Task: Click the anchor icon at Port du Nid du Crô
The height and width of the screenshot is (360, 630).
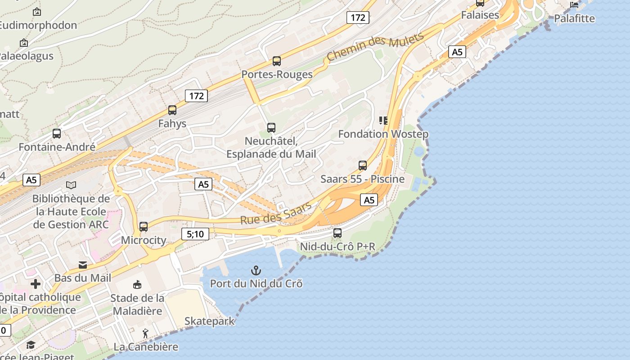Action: (256, 270)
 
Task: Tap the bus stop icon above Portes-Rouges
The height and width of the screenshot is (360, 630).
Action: (277, 61)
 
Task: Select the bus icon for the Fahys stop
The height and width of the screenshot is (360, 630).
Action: (172, 110)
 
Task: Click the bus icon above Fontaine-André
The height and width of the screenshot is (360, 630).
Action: (57, 134)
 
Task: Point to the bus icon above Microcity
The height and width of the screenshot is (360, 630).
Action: (144, 227)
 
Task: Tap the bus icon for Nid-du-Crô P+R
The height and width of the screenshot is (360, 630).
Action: (337, 233)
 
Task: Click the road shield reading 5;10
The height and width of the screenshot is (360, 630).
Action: (195, 234)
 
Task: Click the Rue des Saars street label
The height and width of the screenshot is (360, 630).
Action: (276, 213)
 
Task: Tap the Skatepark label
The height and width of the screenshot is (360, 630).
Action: (210, 321)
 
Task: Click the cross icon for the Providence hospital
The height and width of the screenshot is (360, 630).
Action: (36, 284)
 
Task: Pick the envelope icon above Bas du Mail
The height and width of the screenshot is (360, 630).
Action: (83, 265)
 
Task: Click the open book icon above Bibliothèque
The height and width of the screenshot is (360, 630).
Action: (71, 185)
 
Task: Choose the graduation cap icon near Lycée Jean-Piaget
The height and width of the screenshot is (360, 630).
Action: (31, 345)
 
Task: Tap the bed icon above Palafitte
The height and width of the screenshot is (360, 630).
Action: (574, 5)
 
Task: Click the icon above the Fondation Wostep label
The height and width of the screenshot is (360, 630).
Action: (383, 121)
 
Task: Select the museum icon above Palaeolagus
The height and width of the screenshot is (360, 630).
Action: (24, 43)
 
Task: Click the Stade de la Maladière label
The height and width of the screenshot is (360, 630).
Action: (137, 304)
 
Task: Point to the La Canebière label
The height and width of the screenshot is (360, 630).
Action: (146, 347)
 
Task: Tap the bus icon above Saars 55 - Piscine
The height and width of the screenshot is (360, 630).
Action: (363, 165)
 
